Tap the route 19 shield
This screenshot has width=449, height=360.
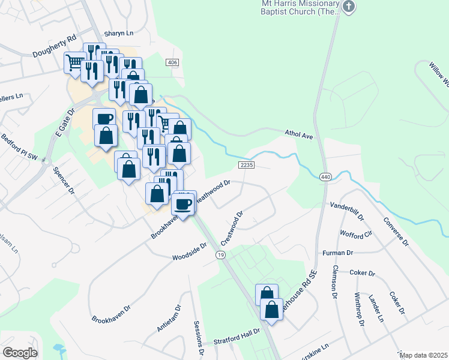coord(221,256)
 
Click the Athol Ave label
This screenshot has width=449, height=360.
coord(299,136)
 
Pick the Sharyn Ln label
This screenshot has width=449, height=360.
coord(118,34)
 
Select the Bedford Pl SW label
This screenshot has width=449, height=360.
coord(19,150)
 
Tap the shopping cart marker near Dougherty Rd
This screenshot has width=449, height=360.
coord(74,62)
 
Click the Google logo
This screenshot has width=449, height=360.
coord(20,353)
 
